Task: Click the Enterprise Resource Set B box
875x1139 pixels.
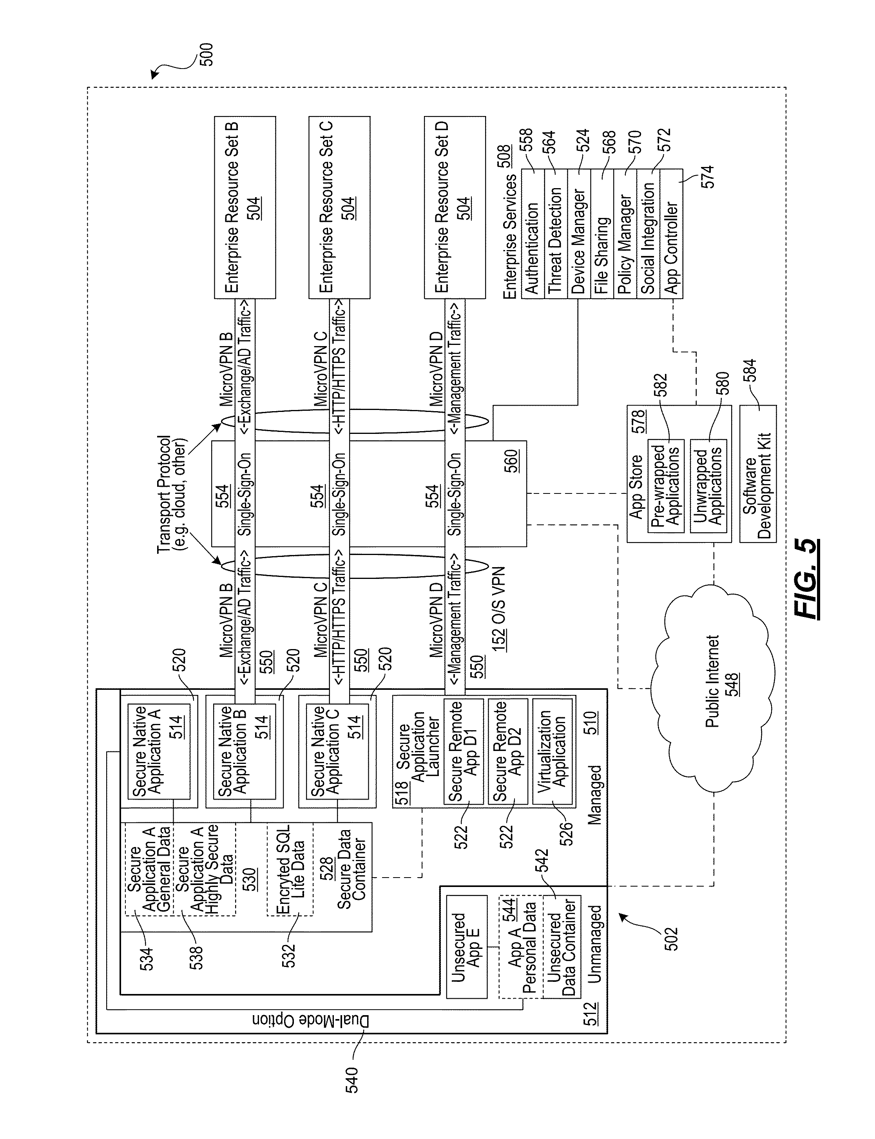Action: [245, 207]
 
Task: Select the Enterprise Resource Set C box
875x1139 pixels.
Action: [340, 207]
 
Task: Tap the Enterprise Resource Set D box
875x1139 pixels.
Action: [455, 207]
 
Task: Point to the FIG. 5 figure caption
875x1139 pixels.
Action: [806, 579]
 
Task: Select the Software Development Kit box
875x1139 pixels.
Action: [758, 474]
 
